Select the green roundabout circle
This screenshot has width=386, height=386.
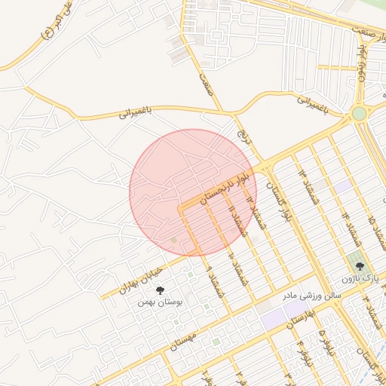coord(358,114)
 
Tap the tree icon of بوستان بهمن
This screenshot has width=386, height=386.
coord(159,289)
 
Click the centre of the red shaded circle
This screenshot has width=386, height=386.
coord(193,192)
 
